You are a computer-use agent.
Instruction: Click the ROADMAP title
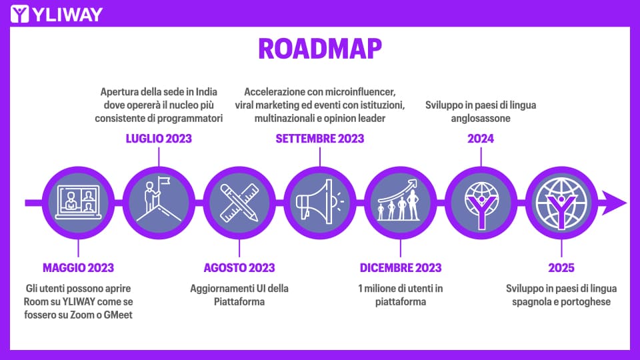pos(320,49)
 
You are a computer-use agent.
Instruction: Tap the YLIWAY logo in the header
pos(56,14)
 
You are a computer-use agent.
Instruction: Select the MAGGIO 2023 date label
pos(79,268)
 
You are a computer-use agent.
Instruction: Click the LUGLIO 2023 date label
pos(159,139)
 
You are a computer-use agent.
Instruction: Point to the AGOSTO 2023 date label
pos(239,268)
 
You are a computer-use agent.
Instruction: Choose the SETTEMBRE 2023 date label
pos(319,139)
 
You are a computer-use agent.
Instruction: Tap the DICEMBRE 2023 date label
pos(401,268)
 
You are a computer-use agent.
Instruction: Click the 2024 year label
pos(481,139)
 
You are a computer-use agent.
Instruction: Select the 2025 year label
pos(561,268)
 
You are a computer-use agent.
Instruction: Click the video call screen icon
pos(79,203)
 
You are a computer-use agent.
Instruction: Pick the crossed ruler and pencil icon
pos(239,203)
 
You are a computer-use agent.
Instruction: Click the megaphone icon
pos(319,201)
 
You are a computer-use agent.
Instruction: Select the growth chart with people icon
pos(399,201)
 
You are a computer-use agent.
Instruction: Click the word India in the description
pos(207,92)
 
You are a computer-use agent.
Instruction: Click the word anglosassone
pos(481,119)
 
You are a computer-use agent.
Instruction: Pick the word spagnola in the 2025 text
pos(531,302)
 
